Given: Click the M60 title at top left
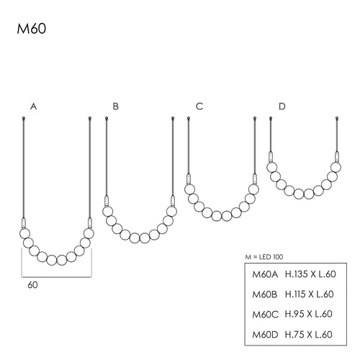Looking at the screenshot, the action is click(x=32, y=29).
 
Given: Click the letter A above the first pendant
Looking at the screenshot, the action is click(x=34, y=107).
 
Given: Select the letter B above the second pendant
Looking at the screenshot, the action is click(x=116, y=107).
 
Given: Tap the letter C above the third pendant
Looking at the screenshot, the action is click(x=199, y=107).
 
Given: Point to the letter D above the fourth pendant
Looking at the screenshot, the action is click(x=282, y=107).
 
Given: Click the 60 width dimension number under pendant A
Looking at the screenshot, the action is click(x=32, y=285).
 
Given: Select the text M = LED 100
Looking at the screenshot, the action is click(x=264, y=257).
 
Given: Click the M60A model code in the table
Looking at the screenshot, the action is click(x=265, y=274).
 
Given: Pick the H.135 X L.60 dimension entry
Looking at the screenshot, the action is click(x=310, y=274).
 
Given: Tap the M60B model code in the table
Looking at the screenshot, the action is click(x=265, y=294).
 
